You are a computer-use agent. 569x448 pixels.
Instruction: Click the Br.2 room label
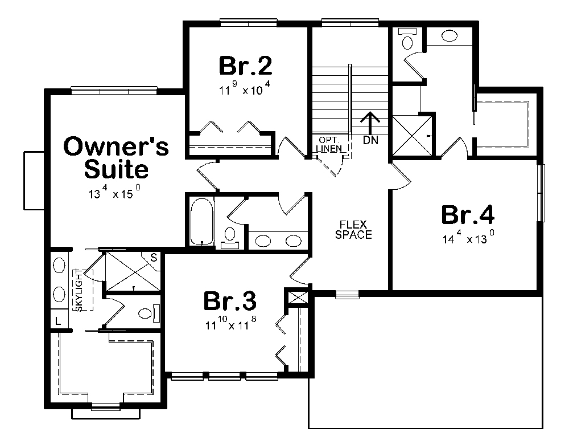tap(245, 66)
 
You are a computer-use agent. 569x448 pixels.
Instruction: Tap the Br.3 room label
tap(230, 302)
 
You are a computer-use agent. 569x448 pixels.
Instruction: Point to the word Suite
tap(117, 169)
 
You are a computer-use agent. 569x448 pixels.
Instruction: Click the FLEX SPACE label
tap(353, 229)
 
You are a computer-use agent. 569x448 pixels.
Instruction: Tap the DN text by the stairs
tap(370, 139)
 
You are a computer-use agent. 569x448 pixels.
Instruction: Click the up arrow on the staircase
tap(370, 123)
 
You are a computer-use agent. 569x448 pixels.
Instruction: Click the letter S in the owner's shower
tap(153, 258)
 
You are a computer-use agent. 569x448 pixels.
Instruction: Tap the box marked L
tap(58, 322)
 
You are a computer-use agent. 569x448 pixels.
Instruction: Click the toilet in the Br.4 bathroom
tap(407, 39)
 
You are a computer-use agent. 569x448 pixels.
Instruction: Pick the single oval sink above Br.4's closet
tap(449, 36)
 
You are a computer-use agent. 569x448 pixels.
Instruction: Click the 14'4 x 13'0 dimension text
tap(467, 239)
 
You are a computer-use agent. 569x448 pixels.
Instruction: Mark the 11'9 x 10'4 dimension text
tap(245, 89)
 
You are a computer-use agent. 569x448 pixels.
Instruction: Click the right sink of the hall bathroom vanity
tap(293, 241)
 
